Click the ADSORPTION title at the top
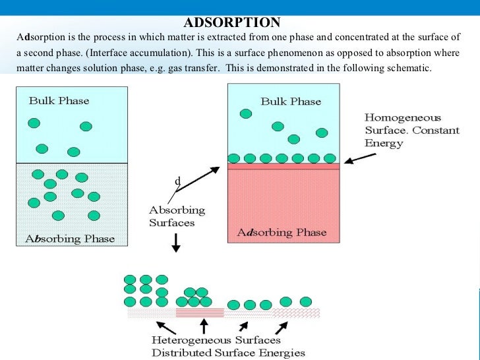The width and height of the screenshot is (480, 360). [231, 23]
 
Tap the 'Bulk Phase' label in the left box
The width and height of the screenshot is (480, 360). [59, 101]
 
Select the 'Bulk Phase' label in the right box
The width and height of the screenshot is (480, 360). [291, 102]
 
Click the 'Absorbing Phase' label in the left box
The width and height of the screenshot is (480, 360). [71, 239]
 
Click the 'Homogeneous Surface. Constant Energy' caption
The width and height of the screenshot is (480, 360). [411, 131]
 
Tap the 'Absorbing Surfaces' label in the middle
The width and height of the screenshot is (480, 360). [177, 216]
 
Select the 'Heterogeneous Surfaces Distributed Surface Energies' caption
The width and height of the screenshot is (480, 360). [216, 346]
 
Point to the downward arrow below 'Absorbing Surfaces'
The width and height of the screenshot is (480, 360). [176, 243]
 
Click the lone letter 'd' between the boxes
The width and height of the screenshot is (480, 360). [177, 181]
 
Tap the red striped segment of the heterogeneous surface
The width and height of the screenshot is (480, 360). [200, 313]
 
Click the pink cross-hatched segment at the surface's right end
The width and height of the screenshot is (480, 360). [297, 313]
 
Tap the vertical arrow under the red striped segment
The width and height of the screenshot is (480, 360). [204, 326]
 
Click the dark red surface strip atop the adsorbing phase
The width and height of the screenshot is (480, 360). [284, 167]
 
